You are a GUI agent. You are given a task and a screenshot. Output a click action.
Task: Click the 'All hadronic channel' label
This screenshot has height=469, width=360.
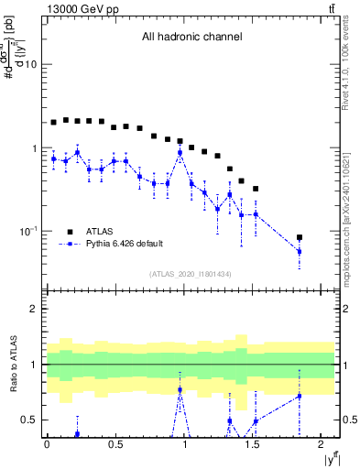pyautogui.click(x=191, y=38)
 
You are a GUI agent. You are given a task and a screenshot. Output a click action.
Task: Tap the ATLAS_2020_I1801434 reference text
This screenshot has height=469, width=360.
pyautogui.click(x=191, y=274)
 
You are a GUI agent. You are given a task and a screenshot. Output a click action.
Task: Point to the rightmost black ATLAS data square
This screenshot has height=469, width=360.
pyautogui.click(x=300, y=238)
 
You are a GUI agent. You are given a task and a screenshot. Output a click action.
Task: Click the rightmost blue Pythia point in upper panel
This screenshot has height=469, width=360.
pyautogui.click(x=300, y=251)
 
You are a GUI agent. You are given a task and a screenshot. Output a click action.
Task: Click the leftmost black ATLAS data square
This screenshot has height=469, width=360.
pyautogui.click(x=54, y=122)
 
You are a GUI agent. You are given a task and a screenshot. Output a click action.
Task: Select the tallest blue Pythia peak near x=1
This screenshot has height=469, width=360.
pyautogui.click(x=180, y=153)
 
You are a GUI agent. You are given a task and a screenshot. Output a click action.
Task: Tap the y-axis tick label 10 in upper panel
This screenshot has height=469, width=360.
pyautogui.click(x=31, y=65)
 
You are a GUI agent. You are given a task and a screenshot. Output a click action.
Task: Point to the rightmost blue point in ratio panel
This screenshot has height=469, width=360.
pyautogui.click(x=300, y=396)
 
